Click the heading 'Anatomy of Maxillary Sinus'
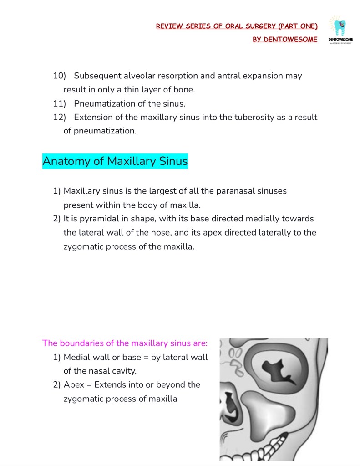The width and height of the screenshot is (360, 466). coord(115,161)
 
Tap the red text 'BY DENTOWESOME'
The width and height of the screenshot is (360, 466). coord(285,39)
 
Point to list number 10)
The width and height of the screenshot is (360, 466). coord(60,76)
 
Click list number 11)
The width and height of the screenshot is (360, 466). coord(60,103)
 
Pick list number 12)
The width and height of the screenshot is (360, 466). coord(60,117)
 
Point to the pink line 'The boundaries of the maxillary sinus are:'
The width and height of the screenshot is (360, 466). coord(125,343)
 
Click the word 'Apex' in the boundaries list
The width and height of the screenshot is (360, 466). coord(73,385)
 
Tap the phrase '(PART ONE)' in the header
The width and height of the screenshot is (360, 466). coord(298,26)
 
